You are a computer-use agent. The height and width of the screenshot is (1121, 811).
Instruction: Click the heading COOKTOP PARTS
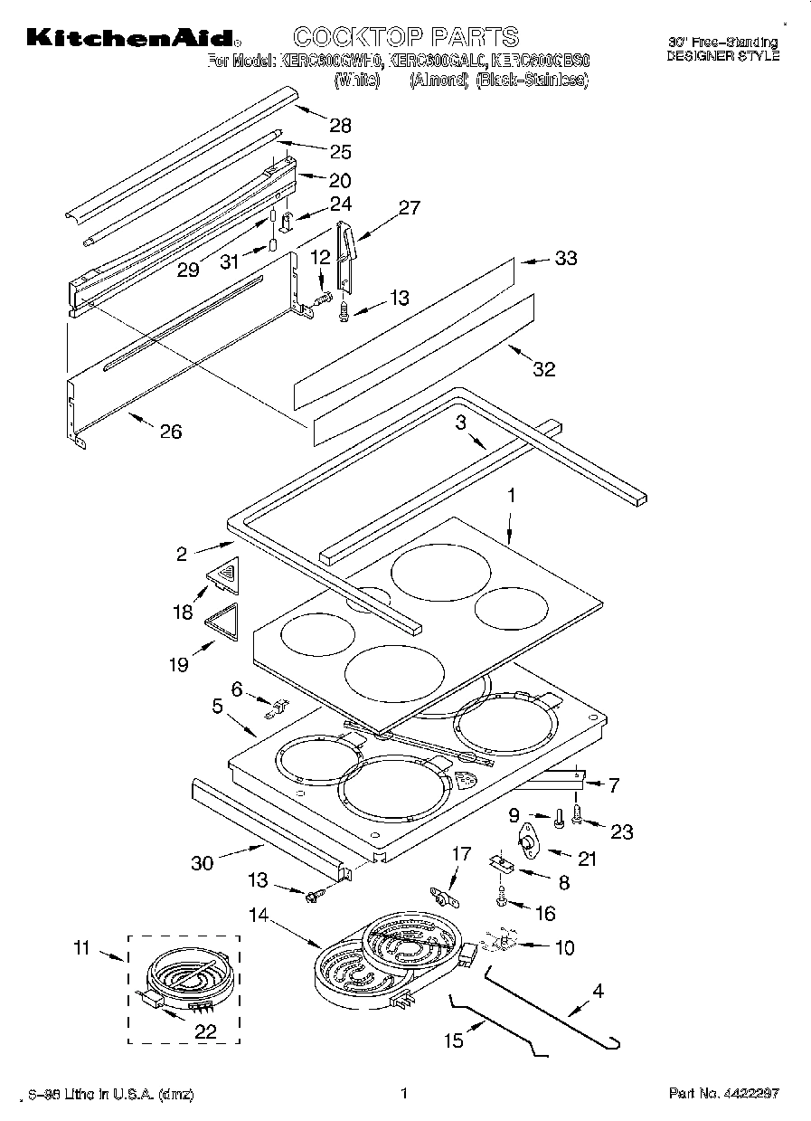[406, 36]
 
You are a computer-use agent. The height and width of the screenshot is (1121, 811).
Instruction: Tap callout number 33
[565, 259]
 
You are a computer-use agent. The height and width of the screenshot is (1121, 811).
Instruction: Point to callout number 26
[170, 432]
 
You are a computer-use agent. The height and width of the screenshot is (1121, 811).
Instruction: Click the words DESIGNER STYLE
[722, 55]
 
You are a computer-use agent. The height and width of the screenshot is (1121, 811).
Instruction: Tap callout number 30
[202, 862]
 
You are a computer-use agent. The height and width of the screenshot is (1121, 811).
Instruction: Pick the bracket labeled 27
[346, 257]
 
